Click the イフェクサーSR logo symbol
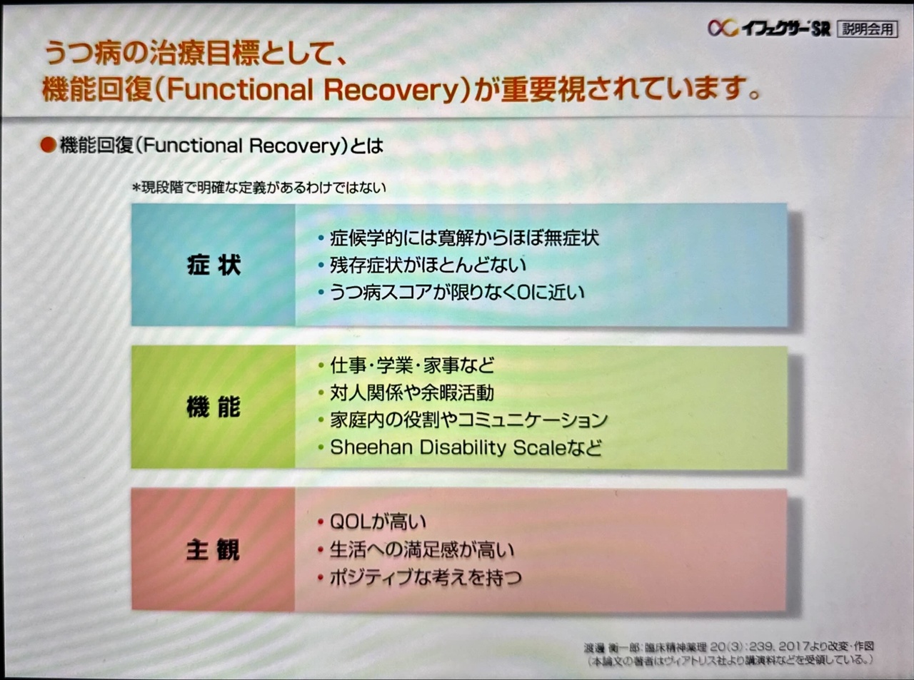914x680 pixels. [722, 28]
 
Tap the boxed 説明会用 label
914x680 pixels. [868, 29]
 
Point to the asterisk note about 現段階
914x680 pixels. [258, 188]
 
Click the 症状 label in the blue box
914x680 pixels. [214, 265]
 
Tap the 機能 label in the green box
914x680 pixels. [214, 407]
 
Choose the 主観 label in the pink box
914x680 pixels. [214, 550]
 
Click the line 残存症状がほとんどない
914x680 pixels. [427, 265]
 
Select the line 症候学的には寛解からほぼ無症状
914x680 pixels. [463, 238]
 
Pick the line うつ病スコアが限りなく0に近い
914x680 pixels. [456, 292]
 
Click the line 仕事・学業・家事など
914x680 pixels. [411, 366]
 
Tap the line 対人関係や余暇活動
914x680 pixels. [411, 392]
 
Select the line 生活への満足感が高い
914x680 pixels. [421, 549]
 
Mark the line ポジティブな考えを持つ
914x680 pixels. [425, 577]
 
